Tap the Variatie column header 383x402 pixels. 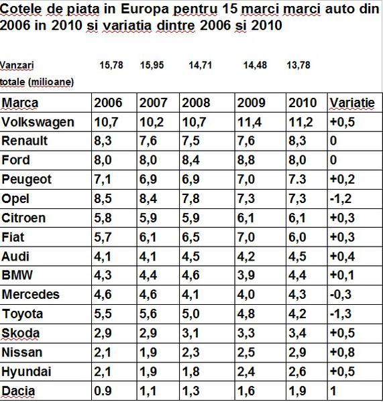click(351, 103)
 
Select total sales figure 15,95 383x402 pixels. click(153, 65)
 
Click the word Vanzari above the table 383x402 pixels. click(17, 65)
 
